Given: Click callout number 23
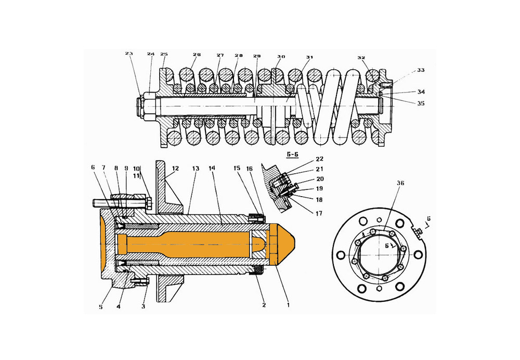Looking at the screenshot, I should pos(129,53).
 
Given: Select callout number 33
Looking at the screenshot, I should pos(421,70).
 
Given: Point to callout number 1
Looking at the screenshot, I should pos(288,305).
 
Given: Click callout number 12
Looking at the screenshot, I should pos(175,169).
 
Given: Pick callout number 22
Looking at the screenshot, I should pos(319,159).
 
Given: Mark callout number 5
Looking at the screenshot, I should pos(101,307).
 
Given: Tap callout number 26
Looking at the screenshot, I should pos(197,55).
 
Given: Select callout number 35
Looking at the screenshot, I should pos(421,104).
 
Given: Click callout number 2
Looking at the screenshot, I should pos(264,305).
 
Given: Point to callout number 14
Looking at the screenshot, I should pos(212,169).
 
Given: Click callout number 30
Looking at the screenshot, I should pos(281,57).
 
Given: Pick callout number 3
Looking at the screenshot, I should pos(143,307).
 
